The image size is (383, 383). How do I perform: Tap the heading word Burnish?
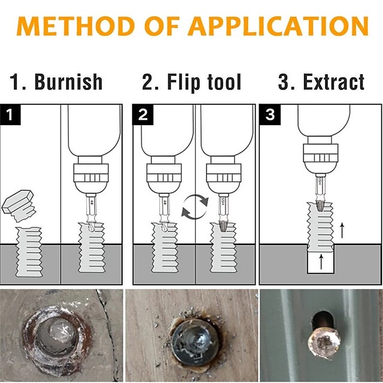point(68,82)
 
